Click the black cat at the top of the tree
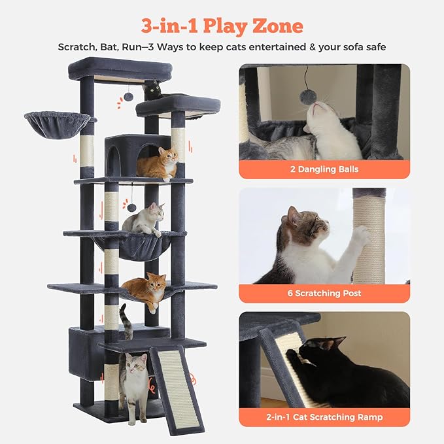pos(152,90)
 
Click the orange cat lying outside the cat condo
pos(158,164)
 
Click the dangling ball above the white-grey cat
pos(131,208)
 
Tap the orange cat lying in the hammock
pos(146,291)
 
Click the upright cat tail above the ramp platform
pos(126,321)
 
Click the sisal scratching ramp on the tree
pos(177,389)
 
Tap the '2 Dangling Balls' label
pos(324,169)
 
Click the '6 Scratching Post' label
pos(324,293)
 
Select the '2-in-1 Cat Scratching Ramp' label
pos(324,417)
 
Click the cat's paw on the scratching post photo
pos(362,235)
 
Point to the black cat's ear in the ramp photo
pos(338,341)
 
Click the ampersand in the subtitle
pos(313,46)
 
